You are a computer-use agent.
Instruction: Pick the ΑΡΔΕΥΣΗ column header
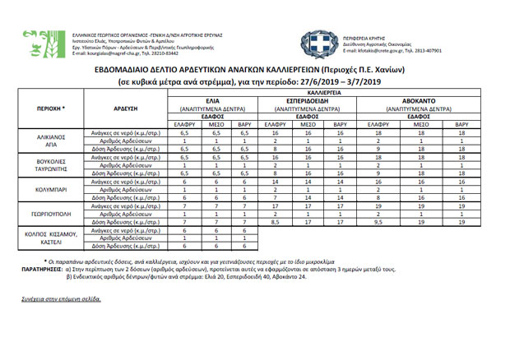point(122,108)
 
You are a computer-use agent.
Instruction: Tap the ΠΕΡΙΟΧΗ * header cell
point(51,108)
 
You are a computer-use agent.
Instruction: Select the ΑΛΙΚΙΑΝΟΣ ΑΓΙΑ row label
point(51,136)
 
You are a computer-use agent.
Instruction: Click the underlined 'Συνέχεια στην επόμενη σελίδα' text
point(55,298)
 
